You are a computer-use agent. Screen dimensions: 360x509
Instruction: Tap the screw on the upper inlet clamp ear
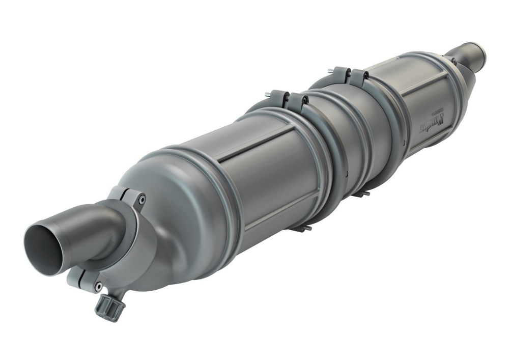[142, 199]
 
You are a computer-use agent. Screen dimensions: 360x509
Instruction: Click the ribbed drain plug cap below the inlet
[108, 307]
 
